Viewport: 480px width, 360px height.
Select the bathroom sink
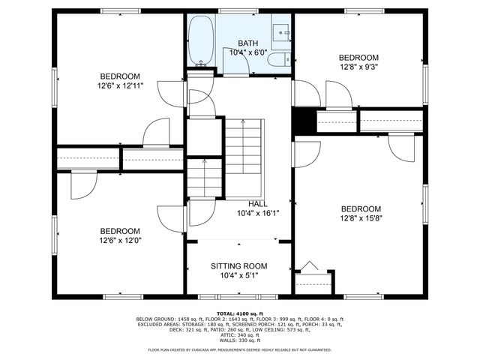click(282, 33)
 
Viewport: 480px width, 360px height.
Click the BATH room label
click(247, 43)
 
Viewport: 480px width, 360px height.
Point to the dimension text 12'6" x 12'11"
click(120, 85)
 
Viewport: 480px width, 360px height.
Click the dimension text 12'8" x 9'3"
click(358, 67)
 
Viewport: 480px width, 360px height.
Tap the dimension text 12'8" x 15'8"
click(361, 219)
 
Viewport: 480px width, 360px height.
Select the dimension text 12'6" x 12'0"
click(120, 241)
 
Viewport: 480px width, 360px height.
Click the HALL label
click(257, 204)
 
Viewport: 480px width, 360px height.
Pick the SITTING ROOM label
click(238, 266)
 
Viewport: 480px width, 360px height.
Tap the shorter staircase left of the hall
click(204, 178)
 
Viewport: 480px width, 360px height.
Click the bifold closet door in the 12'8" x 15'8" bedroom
click(309, 267)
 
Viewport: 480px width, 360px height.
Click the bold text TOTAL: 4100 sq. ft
click(239, 313)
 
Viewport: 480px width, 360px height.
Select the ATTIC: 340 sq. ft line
click(239, 334)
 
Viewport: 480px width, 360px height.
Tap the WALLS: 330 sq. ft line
click(239, 340)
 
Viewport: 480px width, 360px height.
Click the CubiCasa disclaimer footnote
click(239, 349)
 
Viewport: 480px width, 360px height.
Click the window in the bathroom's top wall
click(229, 10)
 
